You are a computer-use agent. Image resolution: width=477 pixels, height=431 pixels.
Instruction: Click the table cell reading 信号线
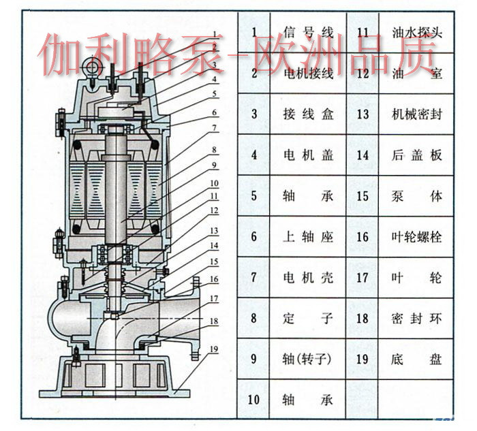(309, 32)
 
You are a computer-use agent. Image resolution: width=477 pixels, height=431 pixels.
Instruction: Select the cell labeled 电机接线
(309, 73)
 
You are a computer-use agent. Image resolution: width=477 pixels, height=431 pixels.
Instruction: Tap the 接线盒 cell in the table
(309, 114)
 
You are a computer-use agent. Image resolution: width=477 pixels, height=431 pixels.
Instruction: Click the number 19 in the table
(363, 359)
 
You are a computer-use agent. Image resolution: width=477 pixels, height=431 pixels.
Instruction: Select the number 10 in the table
(254, 400)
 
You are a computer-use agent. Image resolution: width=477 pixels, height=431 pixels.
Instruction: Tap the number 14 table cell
(363, 155)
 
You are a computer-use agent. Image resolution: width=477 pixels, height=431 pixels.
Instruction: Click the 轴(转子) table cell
(309, 359)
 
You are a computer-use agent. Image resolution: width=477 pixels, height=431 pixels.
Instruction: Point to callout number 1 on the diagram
(214, 33)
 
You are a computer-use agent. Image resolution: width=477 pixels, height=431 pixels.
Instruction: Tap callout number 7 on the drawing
(214, 127)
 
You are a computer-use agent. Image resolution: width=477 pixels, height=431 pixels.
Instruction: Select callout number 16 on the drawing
(214, 278)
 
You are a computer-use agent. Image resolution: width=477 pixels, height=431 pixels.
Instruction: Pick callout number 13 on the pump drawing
(214, 230)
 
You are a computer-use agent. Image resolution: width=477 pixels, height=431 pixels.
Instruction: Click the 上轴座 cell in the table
(309, 237)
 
